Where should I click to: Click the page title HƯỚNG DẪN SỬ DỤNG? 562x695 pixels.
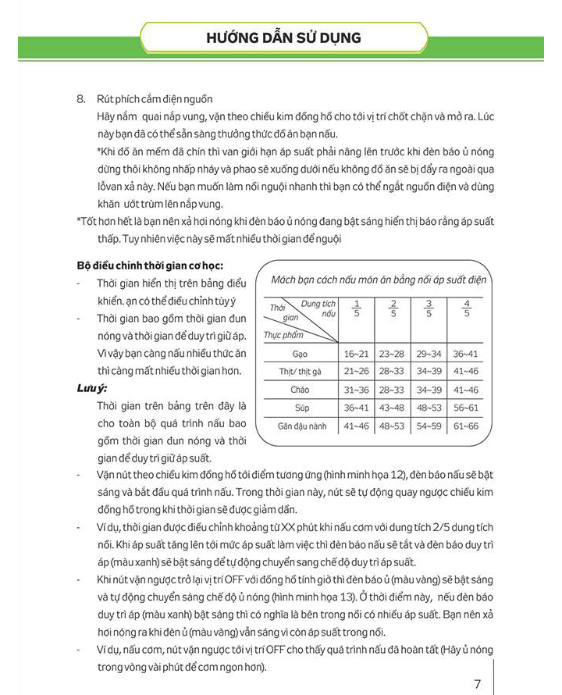[283, 37]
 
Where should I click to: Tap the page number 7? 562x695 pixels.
[478, 684]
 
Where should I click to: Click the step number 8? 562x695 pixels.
[80, 99]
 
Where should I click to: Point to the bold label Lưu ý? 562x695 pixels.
[92, 387]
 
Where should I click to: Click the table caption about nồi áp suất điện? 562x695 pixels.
[379, 280]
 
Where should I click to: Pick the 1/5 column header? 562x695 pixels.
[357, 308]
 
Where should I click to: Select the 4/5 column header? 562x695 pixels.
[466, 308]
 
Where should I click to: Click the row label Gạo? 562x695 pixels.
[300, 354]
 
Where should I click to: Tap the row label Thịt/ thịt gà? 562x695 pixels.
[300, 372]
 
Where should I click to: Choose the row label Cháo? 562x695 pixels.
[300, 390]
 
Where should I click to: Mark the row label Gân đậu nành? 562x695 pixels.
[300, 426]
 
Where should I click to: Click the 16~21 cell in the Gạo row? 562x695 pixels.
[357, 354]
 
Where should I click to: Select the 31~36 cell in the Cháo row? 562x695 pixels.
[357, 390]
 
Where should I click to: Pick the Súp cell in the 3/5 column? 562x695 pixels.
[429, 408]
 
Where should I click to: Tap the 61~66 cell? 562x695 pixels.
[466, 426]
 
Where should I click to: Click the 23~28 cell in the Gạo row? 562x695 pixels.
[393, 354]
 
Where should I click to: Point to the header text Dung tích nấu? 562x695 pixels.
[318, 308]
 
